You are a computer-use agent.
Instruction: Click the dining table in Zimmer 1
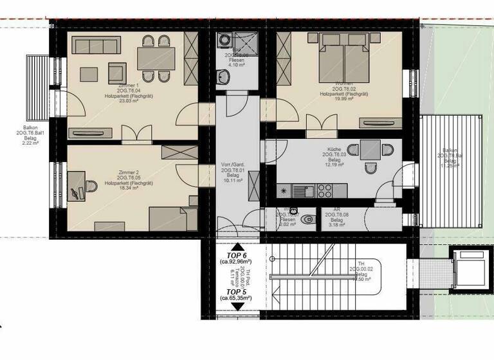tap(156, 59)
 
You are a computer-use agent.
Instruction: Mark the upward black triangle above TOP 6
tap(237, 247)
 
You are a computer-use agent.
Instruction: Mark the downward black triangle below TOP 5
tap(237, 307)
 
